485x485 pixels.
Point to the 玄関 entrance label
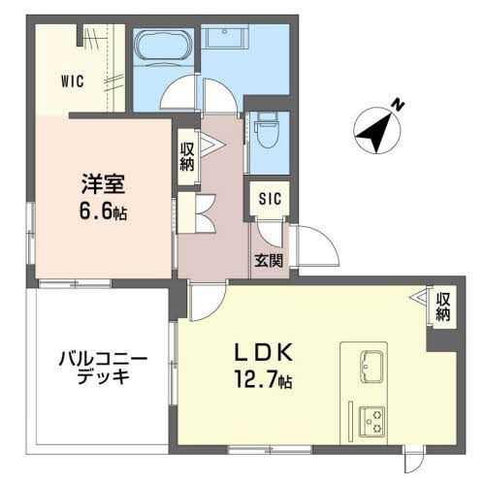click(x=269, y=260)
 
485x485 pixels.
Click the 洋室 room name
click(x=98, y=181)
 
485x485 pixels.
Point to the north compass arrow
click(x=372, y=131)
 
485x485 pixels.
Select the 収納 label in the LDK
click(x=443, y=307)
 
